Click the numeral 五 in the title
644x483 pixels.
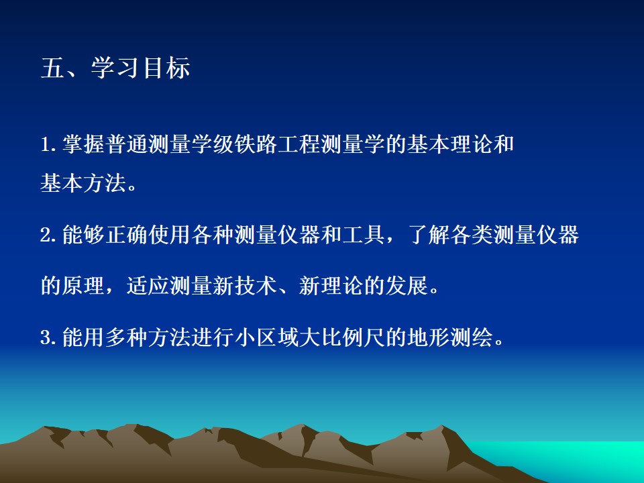pyautogui.click(x=53, y=68)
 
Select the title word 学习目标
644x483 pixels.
pyautogui.click(x=140, y=68)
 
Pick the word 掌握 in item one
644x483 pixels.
pyautogui.click(x=83, y=144)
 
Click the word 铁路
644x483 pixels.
pyautogui.click(x=256, y=144)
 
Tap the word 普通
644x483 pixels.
pyautogui.click(x=127, y=144)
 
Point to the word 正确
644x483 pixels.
pyautogui.click(x=127, y=235)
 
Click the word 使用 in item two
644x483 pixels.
pyautogui.click(x=170, y=235)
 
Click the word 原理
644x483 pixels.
pyautogui.click(x=83, y=286)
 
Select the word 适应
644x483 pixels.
pyautogui.click(x=148, y=286)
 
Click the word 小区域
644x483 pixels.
pyautogui.click(x=266, y=337)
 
